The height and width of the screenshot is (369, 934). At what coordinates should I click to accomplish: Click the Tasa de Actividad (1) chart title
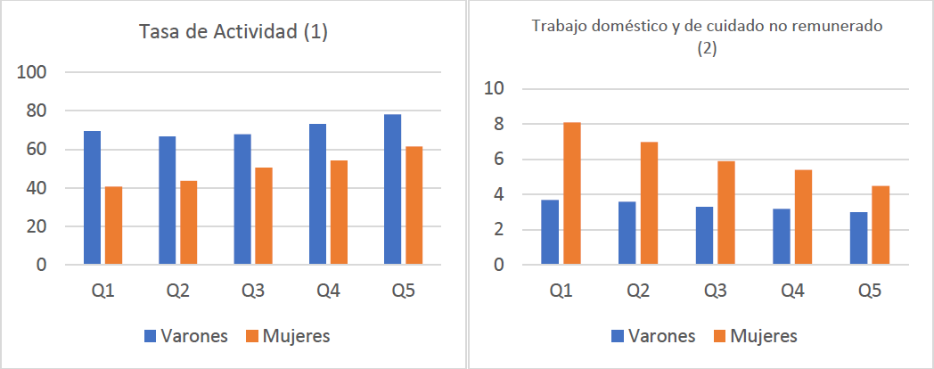pyautogui.click(x=234, y=32)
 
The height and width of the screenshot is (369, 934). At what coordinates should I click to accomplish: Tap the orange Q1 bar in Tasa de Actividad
pyautogui.click(x=113, y=225)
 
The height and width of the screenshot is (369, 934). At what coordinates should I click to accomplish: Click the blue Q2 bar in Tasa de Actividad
pyautogui.click(x=168, y=201)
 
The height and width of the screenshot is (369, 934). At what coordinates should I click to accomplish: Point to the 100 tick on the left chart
pyautogui.click(x=45, y=72)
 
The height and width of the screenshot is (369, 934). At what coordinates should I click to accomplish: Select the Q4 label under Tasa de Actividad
pyautogui.click(x=329, y=291)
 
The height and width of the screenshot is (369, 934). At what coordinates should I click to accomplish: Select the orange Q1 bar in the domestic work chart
pyautogui.click(x=572, y=193)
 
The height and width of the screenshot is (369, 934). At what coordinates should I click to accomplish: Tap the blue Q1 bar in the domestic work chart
pyautogui.click(x=550, y=233)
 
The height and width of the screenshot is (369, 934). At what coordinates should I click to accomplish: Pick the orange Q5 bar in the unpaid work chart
pyautogui.click(x=879, y=225)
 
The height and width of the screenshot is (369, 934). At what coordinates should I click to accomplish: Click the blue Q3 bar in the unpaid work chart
pyautogui.click(x=704, y=236)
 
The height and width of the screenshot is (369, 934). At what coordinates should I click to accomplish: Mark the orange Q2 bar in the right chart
pyautogui.click(x=649, y=203)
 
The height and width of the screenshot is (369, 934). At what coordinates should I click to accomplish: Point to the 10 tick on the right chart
pyautogui.click(x=494, y=88)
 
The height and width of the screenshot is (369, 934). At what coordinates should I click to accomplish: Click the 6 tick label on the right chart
pyautogui.click(x=499, y=160)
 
